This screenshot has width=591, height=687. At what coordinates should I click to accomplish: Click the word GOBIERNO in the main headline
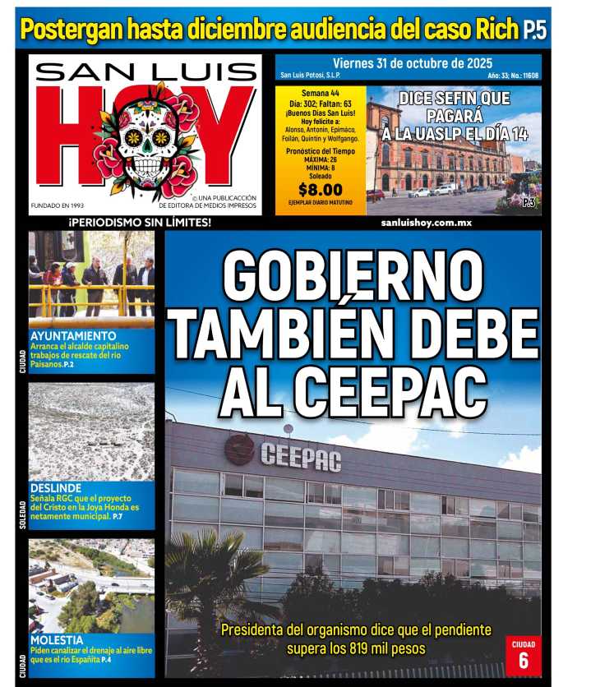pos(353,276)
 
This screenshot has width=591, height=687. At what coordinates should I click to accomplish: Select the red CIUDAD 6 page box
pos(523,654)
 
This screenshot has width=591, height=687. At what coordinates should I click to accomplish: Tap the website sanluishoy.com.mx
pos(426,223)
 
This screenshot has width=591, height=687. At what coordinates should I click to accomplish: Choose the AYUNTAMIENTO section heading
pos(73,336)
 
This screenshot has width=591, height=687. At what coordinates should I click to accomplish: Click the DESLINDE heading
pos(55,486)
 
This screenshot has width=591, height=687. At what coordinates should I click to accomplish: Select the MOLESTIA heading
pos(57,639)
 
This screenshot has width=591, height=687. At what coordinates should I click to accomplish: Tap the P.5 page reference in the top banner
pos(534,31)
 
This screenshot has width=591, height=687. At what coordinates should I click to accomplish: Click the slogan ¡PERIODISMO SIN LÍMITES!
pos(140,223)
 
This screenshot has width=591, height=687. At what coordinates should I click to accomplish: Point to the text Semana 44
pos(321,93)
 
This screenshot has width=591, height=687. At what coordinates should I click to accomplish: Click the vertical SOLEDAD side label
pos(22,514)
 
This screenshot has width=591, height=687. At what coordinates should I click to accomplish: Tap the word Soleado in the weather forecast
pos(321,175)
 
